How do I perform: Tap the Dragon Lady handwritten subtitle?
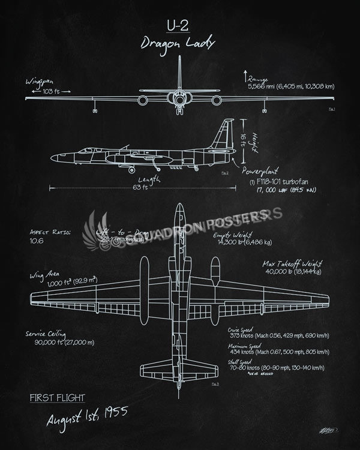(177, 43)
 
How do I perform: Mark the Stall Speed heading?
(241, 362)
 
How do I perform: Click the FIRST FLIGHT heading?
(57, 397)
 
